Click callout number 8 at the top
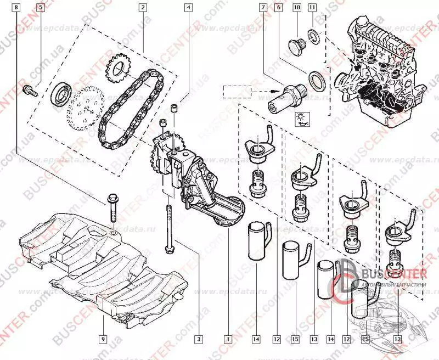point(17,8)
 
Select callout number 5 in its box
point(41,8)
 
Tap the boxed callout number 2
point(142,8)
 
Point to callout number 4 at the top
point(188,8)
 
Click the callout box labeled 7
point(263,8)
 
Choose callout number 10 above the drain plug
point(297,8)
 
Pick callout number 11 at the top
point(312,8)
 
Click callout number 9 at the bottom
point(103,339)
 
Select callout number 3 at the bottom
point(200,339)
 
